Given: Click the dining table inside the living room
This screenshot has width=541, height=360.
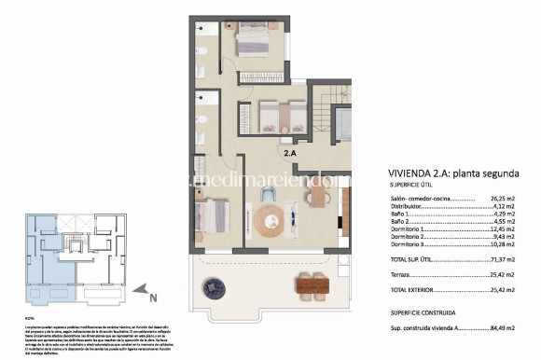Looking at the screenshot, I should (x=317, y=198).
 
